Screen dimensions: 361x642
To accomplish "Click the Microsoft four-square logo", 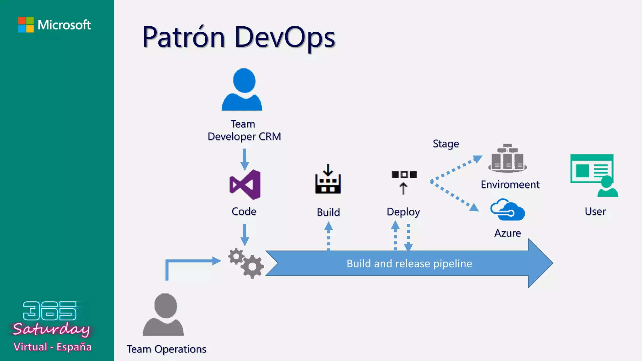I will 26,25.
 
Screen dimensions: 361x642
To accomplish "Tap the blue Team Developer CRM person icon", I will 242,90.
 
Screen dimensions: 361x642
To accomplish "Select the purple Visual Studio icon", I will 245,185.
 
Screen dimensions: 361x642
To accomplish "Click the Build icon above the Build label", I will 328,179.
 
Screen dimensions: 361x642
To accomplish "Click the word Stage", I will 446,144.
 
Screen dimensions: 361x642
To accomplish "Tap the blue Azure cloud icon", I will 508,210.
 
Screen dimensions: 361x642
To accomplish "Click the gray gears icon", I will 246,263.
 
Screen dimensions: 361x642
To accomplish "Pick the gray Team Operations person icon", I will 163,315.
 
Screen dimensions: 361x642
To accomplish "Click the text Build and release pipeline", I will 409,264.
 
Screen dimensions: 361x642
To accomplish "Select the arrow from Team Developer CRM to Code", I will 245,159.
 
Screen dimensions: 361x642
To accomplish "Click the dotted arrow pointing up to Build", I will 329,236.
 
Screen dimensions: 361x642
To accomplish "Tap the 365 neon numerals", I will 50,311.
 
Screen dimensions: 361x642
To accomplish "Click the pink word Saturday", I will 51,329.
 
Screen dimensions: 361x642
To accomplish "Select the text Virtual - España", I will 52,347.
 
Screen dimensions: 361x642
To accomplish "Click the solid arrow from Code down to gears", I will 245,234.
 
